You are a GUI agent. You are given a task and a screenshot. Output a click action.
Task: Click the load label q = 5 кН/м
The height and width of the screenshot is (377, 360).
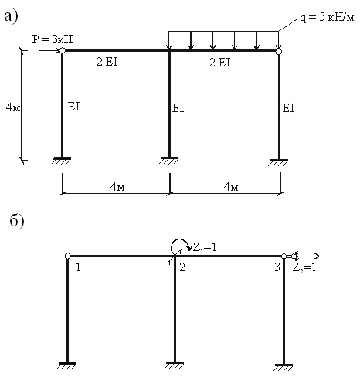[x=327, y=17]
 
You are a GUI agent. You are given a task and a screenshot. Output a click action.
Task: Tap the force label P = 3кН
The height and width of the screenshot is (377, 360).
[x=53, y=39]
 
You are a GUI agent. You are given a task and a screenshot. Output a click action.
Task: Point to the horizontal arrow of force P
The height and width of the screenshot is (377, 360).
[x=49, y=51]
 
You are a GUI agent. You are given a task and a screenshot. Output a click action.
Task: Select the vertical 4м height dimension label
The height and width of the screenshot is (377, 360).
[x=13, y=107]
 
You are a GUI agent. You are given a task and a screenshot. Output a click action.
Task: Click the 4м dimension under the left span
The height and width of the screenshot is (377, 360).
[x=117, y=186]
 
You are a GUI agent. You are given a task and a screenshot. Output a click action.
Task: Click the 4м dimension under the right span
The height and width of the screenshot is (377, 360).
[x=231, y=186]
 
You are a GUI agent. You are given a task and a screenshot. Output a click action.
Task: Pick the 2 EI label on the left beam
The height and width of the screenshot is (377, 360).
[x=107, y=62]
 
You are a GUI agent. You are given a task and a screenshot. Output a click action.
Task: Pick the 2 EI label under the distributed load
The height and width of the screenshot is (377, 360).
[x=220, y=63]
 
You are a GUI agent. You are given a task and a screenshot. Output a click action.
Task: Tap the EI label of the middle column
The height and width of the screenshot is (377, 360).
[x=178, y=108]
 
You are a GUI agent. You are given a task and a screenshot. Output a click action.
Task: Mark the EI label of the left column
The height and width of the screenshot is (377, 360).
[x=73, y=107]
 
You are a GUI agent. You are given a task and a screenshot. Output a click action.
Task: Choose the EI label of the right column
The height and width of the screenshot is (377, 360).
[x=288, y=108]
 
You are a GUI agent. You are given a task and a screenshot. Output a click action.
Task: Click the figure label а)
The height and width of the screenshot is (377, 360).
[x=11, y=17]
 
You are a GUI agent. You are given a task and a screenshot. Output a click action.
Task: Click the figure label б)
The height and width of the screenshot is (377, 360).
[x=17, y=220]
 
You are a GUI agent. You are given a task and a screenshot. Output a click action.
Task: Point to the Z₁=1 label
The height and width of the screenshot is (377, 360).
[x=205, y=248]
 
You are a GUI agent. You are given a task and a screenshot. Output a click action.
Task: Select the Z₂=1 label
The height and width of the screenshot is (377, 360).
[x=304, y=268]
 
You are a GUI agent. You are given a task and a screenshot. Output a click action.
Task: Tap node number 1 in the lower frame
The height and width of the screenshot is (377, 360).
[x=78, y=267]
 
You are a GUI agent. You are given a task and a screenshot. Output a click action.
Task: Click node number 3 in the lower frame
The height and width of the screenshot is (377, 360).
[x=277, y=267]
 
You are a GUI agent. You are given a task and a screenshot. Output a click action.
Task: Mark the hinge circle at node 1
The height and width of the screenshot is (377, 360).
[x=67, y=256]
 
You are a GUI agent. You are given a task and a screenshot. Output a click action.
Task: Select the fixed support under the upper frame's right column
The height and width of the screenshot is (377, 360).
[x=279, y=162]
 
